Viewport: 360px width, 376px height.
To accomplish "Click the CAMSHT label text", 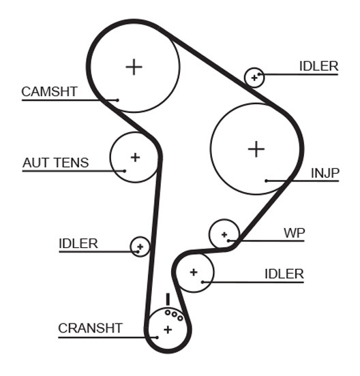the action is tap(49, 91).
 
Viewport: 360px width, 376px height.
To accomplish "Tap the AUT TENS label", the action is tap(56, 163).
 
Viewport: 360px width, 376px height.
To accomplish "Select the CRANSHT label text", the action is tap(90, 328).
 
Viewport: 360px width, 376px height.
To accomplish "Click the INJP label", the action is tap(325, 174).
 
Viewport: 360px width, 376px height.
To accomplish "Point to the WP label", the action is tap(295, 233).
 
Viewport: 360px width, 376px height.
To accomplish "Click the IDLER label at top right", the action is tap(318, 66).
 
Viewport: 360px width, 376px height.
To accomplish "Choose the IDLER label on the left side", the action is tap(78, 244).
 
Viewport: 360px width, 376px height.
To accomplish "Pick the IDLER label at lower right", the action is tap(284, 274).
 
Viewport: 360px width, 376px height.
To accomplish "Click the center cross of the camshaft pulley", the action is tap(134, 67).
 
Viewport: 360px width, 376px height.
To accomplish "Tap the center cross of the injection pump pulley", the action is tap(256, 149).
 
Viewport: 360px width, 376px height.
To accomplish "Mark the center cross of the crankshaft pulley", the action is tap(168, 330).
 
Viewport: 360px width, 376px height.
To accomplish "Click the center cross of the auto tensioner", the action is tap(135, 157).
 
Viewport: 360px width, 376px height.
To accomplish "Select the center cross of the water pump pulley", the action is tap(224, 234).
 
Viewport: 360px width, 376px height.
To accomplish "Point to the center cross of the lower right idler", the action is tap(194, 272).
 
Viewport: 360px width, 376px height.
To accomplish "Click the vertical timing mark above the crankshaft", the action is tap(168, 299).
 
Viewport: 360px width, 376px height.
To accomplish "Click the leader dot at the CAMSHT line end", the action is tap(117, 100).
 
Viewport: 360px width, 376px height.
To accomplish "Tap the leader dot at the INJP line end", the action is tap(266, 181).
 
